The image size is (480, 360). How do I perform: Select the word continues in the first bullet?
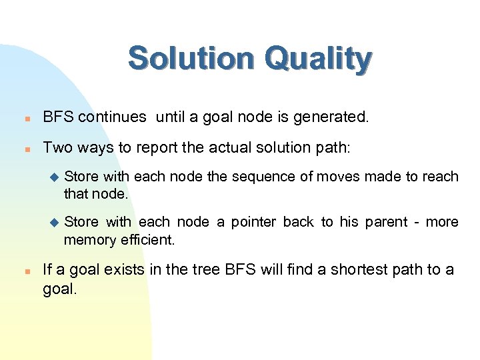point(113,117)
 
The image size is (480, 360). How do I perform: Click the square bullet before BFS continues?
point(23,118)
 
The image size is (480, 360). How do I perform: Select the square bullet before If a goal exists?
point(23,270)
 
